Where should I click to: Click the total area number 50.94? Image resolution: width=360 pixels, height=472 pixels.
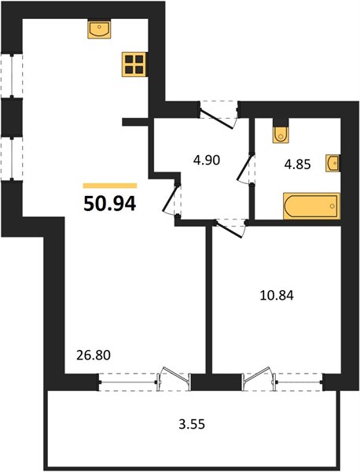click(x=110, y=204)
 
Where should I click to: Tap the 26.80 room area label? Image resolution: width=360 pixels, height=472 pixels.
click(x=94, y=356)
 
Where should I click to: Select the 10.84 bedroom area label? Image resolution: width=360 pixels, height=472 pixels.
click(x=277, y=296)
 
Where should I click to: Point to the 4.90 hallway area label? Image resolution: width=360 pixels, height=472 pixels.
click(x=207, y=160)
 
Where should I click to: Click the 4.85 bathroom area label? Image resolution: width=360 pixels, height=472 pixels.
click(x=297, y=164)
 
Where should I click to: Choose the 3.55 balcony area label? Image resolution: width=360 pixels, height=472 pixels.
click(x=192, y=425)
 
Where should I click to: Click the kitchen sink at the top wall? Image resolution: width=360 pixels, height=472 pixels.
click(x=99, y=28)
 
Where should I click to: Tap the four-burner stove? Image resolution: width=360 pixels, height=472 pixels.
click(x=134, y=65)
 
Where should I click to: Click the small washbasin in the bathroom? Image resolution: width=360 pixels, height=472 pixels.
click(x=332, y=164)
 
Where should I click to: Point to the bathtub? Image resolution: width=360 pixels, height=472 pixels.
click(x=311, y=206)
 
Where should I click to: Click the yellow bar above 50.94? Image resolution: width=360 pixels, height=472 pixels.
click(x=110, y=186)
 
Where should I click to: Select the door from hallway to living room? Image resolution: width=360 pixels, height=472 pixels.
click(x=170, y=199)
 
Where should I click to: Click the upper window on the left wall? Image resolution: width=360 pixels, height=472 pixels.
click(x=12, y=76)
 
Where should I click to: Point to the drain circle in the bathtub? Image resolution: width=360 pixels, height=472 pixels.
click(x=332, y=206)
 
